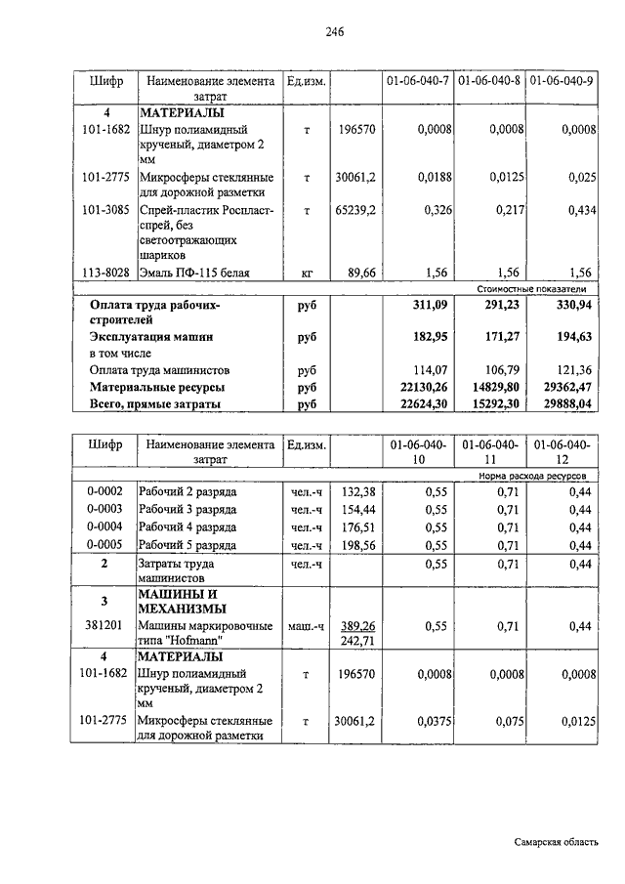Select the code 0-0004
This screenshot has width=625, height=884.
pos(104,526)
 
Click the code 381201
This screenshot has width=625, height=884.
pos(104,626)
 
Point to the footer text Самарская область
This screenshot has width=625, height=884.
pos(558,842)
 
